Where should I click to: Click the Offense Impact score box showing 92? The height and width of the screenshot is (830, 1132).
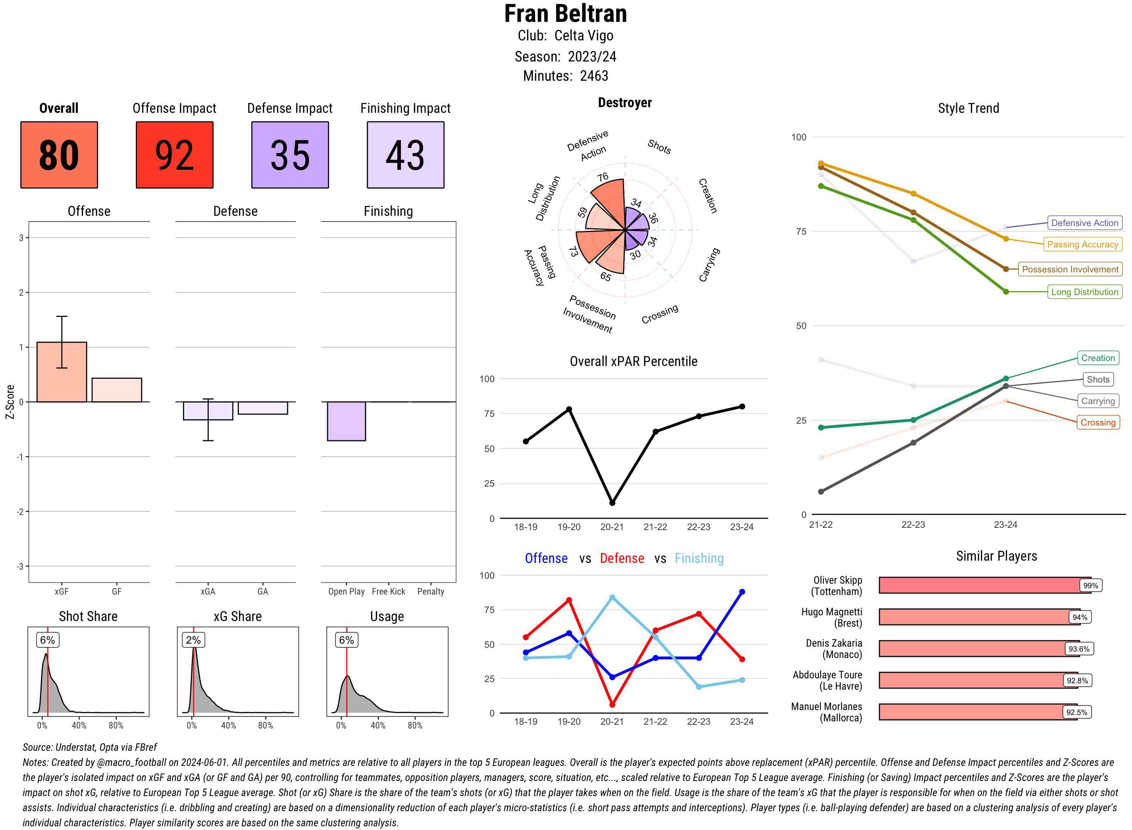click(x=174, y=155)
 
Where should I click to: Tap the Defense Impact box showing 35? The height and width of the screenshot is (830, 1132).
click(x=290, y=155)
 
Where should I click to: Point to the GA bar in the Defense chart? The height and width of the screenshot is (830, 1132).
click(x=263, y=408)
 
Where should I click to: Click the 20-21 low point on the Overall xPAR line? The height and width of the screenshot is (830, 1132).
click(x=612, y=503)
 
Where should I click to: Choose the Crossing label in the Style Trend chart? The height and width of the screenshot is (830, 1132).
click(x=1097, y=423)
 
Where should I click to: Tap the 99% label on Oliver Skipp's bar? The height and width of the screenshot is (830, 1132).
click(x=1090, y=585)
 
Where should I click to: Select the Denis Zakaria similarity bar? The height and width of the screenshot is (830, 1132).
click(x=972, y=649)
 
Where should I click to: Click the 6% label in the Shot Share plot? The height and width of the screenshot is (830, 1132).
click(x=48, y=640)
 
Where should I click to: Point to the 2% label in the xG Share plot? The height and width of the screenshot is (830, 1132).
click(x=194, y=640)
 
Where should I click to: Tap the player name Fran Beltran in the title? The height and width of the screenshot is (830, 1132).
click(x=565, y=14)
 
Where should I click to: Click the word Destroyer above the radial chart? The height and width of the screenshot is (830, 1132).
click(x=624, y=103)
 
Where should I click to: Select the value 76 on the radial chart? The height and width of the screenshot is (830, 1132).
click(x=603, y=177)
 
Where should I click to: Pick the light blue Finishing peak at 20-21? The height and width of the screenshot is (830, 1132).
click(x=612, y=597)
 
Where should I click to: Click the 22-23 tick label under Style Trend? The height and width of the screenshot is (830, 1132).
click(x=913, y=524)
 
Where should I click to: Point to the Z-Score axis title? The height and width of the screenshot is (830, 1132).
click(x=9, y=401)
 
